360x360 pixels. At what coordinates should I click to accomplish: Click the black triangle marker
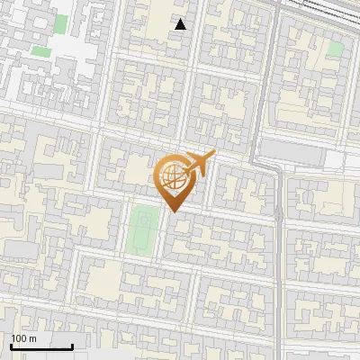(x=181, y=24)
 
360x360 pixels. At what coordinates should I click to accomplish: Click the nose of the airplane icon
(x=213, y=154)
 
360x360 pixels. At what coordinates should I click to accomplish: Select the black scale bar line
(x=41, y=346)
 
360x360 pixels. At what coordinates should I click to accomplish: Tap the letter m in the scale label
(x=32, y=339)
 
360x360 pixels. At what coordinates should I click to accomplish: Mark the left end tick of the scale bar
(x=11, y=344)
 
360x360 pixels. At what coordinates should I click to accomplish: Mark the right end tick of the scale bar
(x=72, y=344)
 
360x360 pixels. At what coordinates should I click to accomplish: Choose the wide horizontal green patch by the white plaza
(x=40, y=51)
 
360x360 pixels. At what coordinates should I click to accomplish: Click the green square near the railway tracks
(x=335, y=49)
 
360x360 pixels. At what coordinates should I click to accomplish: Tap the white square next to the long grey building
(x=335, y=159)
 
